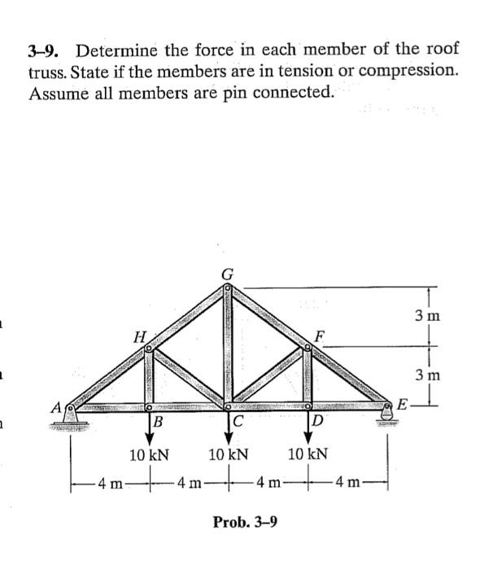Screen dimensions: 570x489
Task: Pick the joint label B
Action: [x=159, y=422]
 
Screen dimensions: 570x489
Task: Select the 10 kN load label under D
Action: [x=308, y=454]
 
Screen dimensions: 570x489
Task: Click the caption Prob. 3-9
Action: [x=244, y=520]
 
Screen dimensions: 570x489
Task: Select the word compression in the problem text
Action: [x=409, y=71]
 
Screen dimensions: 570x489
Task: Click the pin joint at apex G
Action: [x=229, y=287]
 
